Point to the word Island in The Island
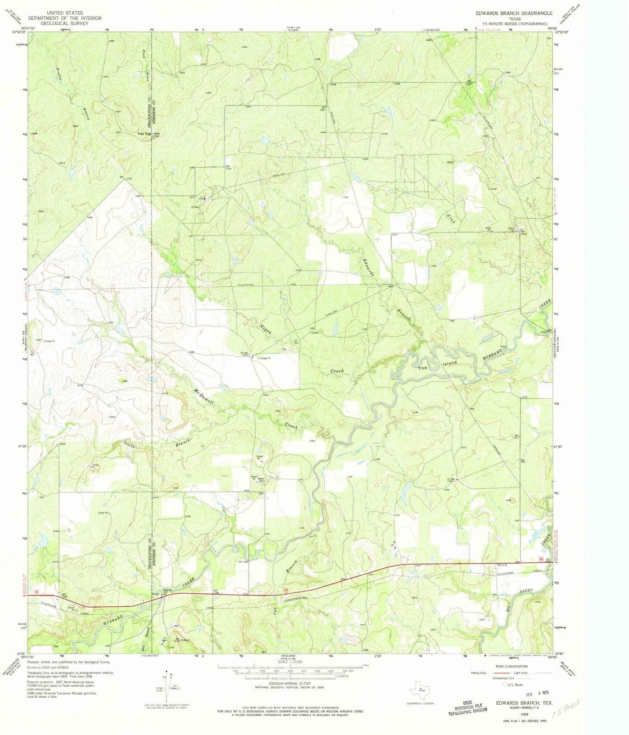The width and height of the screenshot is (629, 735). pyautogui.click(x=450, y=364)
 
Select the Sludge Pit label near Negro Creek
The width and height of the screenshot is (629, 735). pyautogui.click(x=265, y=358)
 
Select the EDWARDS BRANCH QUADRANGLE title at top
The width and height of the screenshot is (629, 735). pyautogui.click(x=514, y=14)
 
